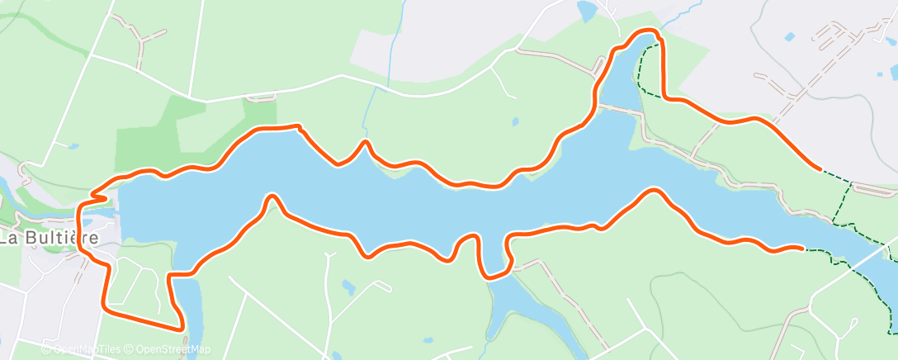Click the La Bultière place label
[x=50, y=239]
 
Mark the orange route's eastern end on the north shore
[x=819, y=168]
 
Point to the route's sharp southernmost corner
[x=181, y=329]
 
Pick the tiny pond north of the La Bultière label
[x=73, y=146]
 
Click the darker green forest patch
[x=157, y=132]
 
